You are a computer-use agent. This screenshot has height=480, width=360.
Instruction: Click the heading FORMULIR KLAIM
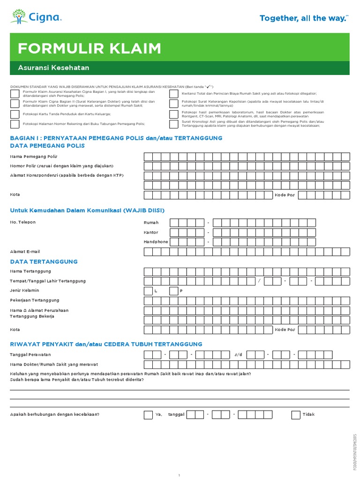(89, 48)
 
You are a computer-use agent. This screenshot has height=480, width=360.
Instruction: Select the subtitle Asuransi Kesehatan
(53, 67)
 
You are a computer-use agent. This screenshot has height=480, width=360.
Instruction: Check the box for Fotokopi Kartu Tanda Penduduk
(15, 114)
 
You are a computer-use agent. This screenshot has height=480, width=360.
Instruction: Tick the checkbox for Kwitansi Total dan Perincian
(173, 94)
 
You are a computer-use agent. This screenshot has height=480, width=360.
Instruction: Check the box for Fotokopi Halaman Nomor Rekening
(15, 124)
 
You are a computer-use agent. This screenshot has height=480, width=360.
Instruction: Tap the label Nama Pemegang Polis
(34, 156)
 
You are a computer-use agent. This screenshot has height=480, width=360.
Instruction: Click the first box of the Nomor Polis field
(148, 166)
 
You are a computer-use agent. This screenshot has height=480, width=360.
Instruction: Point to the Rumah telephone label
(151, 222)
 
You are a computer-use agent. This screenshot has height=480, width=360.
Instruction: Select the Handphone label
(156, 242)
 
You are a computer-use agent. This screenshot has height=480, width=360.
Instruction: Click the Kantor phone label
(151, 232)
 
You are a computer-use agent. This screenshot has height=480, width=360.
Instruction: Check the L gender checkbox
(148, 291)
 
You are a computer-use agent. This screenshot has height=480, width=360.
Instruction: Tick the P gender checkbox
(173, 291)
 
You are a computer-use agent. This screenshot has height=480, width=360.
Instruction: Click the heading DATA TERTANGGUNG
(44, 262)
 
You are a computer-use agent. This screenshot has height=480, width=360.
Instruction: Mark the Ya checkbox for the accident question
(148, 414)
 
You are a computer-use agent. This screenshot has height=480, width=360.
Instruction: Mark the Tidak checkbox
(296, 414)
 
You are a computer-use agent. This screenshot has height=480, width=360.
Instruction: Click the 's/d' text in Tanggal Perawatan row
(239, 354)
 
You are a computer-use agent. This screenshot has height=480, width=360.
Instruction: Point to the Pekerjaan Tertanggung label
(35, 300)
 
